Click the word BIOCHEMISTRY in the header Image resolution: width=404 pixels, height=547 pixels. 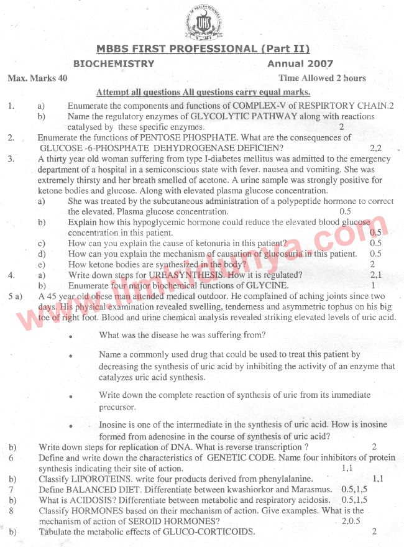(114, 63)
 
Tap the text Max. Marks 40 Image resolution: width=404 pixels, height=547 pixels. (37, 78)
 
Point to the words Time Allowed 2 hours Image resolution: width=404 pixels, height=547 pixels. (322, 78)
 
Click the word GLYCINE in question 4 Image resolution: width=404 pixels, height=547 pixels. (270, 285)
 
